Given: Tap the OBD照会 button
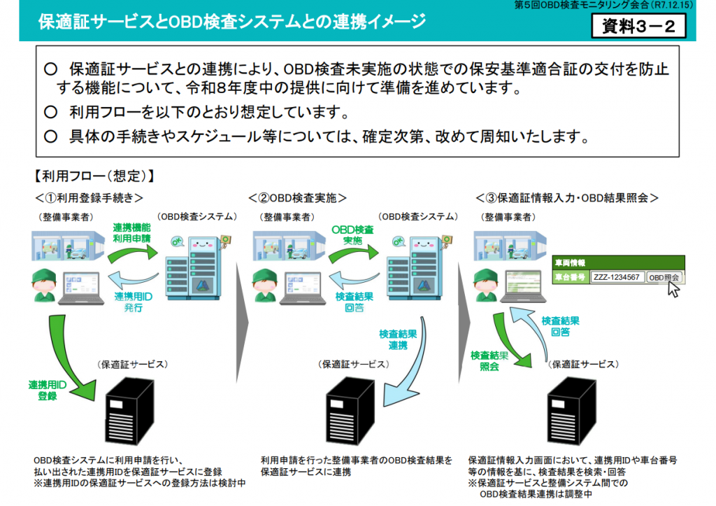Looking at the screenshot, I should coord(664,277).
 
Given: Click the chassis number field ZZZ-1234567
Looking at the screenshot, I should coord(617,277).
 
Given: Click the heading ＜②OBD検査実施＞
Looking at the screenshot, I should coord(298,198).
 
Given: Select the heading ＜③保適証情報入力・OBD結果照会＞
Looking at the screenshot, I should coord(567,198).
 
